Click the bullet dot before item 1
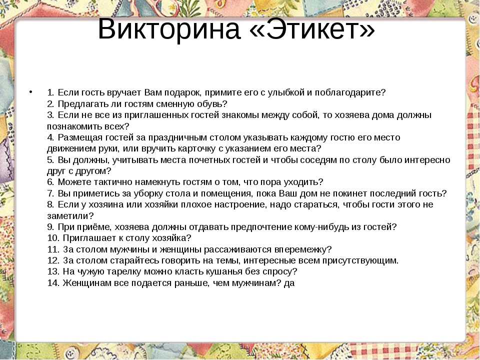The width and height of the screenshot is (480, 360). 30,91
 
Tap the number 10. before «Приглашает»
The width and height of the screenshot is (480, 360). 53,238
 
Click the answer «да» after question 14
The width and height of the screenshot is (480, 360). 289,283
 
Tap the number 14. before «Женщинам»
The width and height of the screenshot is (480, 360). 53,283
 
